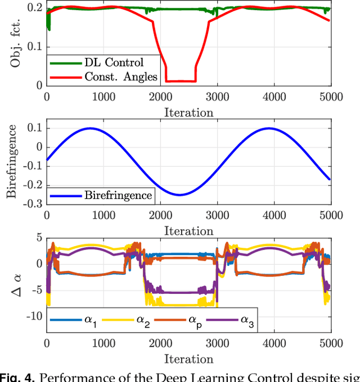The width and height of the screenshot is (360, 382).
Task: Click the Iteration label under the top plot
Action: tap(188, 112)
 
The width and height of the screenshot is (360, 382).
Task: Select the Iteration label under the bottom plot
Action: tap(188, 358)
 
